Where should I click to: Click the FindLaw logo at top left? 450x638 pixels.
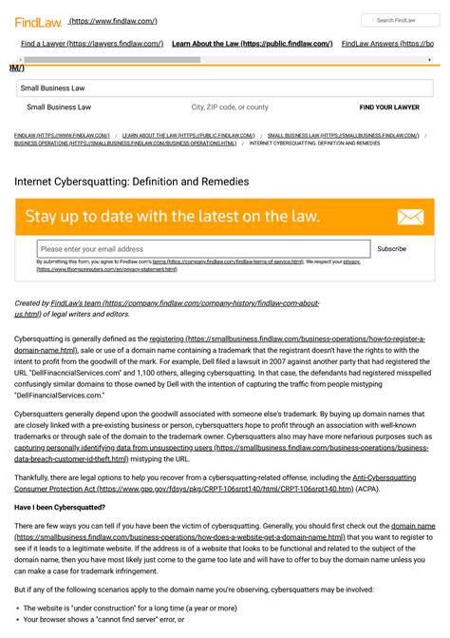pos(36,20)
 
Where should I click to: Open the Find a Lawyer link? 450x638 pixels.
pos(91,44)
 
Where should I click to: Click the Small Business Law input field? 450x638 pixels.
pos(224,87)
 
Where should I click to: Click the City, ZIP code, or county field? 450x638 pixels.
pos(230,107)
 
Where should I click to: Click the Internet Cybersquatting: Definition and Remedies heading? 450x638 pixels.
pos(132,181)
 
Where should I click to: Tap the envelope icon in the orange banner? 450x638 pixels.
pos(410,217)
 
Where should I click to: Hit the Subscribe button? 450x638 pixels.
pos(391,249)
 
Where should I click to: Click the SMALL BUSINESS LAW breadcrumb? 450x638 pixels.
pos(343,136)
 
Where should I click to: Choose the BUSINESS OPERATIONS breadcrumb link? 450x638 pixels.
pos(125,144)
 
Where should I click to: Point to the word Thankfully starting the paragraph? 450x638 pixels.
pos(35,476)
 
